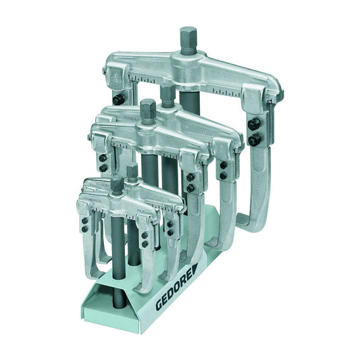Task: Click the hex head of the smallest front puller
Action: (x=116, y=183)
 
